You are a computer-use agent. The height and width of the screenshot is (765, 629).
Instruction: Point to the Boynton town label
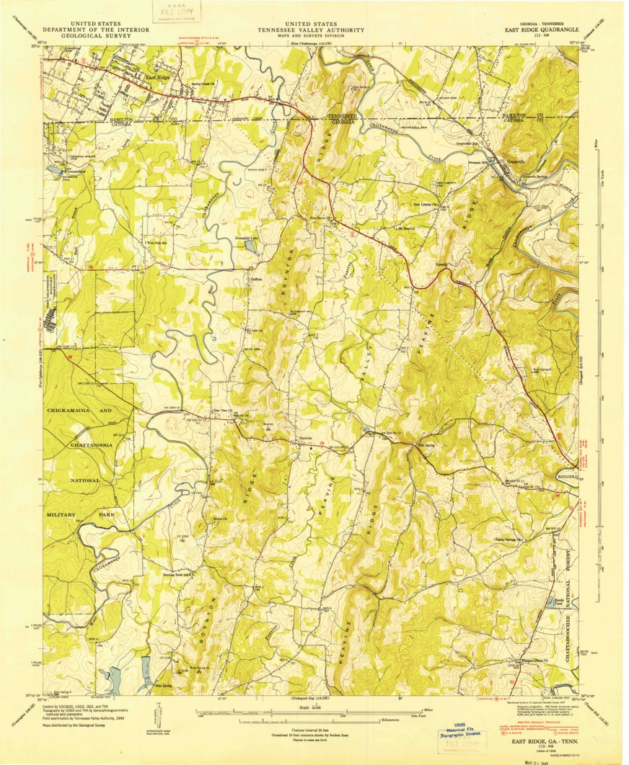point(305,437)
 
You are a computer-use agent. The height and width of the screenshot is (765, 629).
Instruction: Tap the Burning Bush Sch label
point(179,575)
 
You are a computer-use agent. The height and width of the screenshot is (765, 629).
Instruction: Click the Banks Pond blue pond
point(552,600)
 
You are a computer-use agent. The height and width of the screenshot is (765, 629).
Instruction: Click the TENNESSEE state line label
point(342,117)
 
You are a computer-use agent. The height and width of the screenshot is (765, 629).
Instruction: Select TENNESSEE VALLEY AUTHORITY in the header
point(313,30)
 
